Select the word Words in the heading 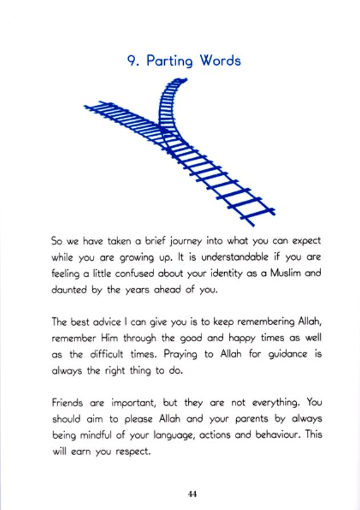(219, 60)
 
